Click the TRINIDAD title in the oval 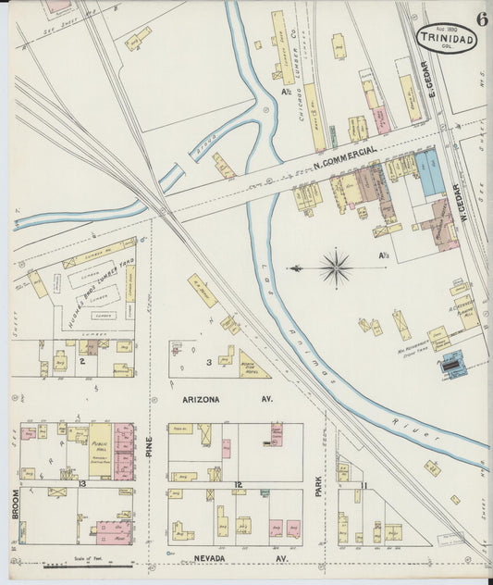coord(447,39)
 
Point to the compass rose coord(336,268)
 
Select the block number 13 coord(81,484)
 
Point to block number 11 coord(364,485)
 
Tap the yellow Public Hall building coord(100,451)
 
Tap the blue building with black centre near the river coord(452,367)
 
